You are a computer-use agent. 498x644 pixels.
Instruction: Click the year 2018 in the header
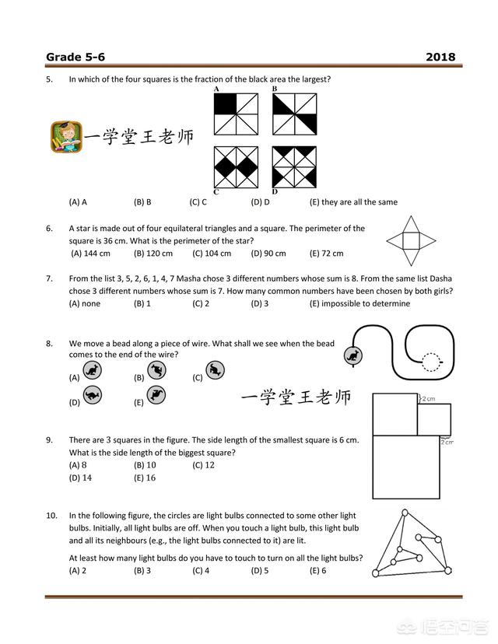pyautogui.click(x=440, y=57)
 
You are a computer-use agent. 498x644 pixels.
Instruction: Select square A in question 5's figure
pyautogui.click(x=235, y=114)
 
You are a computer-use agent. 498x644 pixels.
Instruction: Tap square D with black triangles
pyautogui.click(x=294, y=166)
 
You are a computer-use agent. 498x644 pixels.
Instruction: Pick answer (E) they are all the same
pyautogui.click(x=353, y=202)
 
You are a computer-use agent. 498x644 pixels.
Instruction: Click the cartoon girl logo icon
pyautogui.click(x=65, y=137)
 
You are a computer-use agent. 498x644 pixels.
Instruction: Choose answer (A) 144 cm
pyautogui.click(x=90, y=254)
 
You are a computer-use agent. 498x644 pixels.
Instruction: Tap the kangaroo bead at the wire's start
pyautogui.click(x=352, y=355)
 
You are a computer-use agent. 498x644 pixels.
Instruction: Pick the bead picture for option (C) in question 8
pyautogui.click(x=216, y=370)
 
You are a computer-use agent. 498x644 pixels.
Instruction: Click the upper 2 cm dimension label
pyautogui.click(x=430, y=398)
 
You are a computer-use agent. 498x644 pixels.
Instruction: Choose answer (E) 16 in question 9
pyautogui.click(x=145, y=478)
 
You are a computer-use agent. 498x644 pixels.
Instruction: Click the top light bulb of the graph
pyautogui.click(x=404, y=513)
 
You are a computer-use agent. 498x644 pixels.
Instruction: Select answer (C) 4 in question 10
pyautogui.click(x=201, y=570)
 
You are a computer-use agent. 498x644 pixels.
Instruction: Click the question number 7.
pyautogui.click(x=49, y=278)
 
